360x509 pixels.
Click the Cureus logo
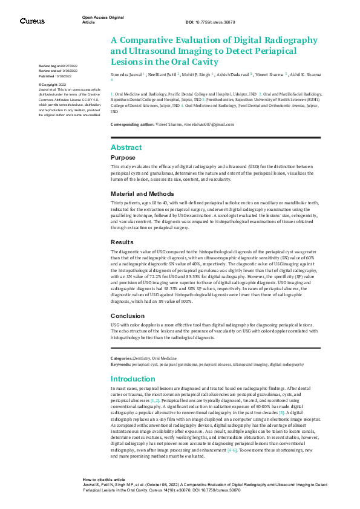tap(32, 21)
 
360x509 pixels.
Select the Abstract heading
tap(126, 148)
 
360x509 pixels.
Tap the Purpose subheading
tap(123, 157)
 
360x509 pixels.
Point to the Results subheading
tap(122, 241)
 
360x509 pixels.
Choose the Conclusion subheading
tap(128, 316)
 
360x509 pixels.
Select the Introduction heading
tap(134, 379)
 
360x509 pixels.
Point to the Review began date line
tap(56, 65)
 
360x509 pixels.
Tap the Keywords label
tap(121, 365)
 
